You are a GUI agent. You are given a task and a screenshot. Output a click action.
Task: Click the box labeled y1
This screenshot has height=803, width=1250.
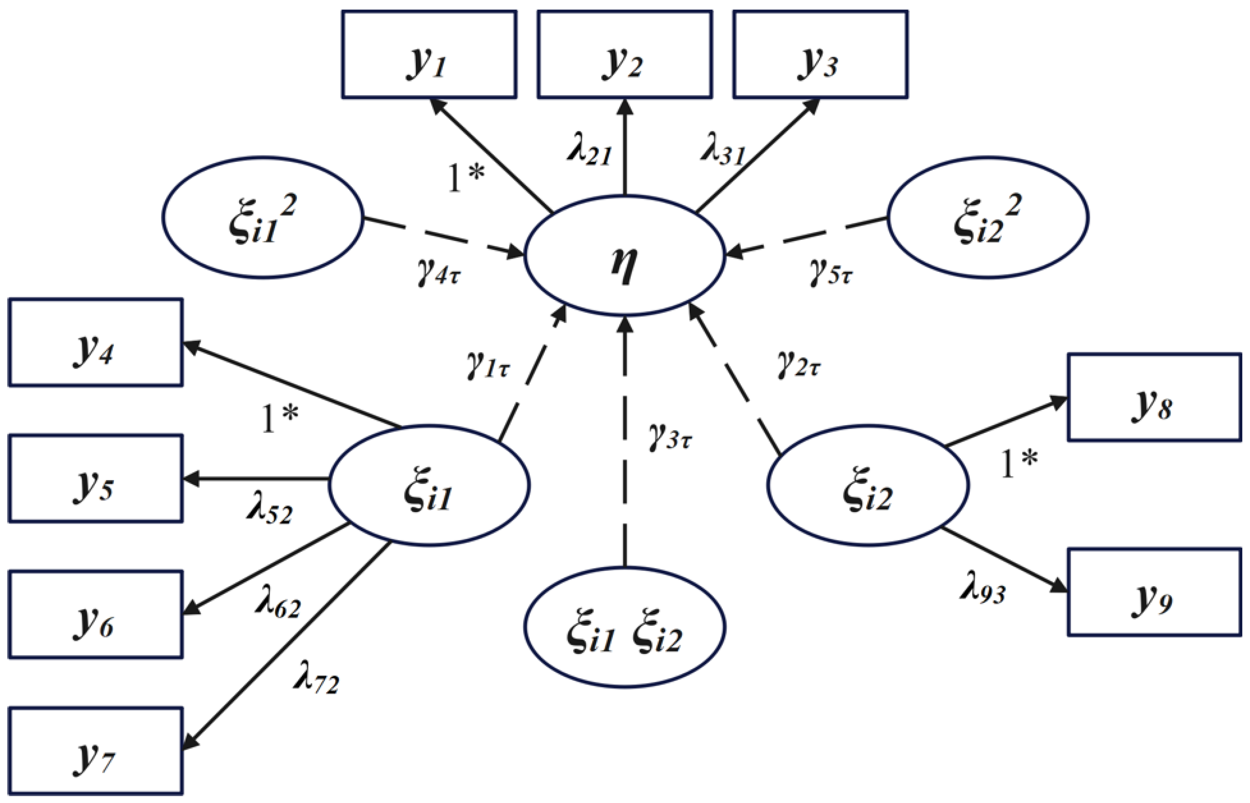429,54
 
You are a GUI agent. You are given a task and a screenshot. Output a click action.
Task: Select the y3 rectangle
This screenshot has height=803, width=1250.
820,54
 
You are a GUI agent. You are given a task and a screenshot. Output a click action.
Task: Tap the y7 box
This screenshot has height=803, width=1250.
95,750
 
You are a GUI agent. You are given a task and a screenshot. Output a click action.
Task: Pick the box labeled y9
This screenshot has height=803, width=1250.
1154,591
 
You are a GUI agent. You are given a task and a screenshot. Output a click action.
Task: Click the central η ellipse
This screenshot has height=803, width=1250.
625,256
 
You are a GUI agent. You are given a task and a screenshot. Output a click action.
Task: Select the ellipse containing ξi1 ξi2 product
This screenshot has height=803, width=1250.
625,627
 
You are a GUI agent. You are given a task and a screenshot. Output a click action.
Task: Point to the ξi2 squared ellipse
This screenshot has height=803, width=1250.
988,217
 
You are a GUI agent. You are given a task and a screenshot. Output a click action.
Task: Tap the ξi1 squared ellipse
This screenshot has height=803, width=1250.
262,217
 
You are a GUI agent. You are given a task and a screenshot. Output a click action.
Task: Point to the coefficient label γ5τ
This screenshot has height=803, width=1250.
830,272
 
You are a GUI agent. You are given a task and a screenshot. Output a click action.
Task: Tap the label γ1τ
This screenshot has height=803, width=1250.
488,364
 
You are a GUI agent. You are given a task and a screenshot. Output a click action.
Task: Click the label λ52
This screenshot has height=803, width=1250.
269,512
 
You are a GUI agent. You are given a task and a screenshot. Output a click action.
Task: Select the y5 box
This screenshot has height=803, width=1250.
95,478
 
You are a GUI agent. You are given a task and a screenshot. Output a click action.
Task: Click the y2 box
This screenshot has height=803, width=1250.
625,54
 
